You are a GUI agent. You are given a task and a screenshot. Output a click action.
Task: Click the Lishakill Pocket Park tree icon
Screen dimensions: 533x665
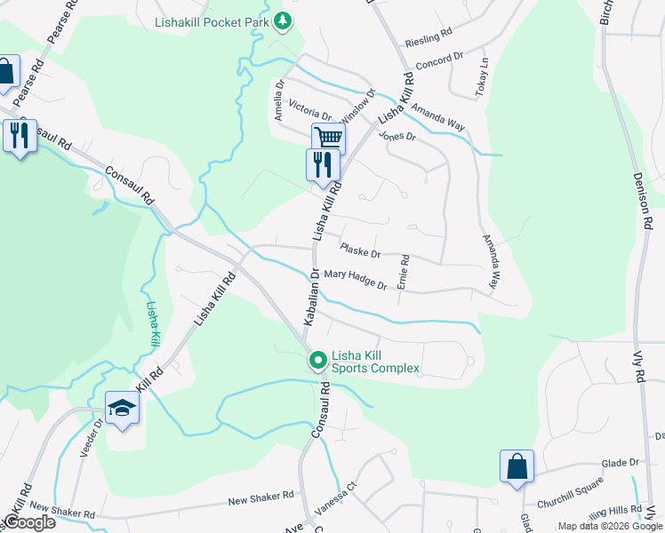pos(283,20)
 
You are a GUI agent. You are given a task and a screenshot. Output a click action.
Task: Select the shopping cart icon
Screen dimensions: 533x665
pos(328,138)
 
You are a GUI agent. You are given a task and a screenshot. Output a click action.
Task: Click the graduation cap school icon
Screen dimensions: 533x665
pos(122,407)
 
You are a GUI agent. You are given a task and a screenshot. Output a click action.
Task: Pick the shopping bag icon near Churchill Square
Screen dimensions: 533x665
pos(517,466)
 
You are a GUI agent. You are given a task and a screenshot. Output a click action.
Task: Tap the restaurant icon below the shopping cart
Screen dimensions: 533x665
pos(322,164)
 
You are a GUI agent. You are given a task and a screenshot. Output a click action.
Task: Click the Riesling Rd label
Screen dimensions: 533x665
pos(429,42)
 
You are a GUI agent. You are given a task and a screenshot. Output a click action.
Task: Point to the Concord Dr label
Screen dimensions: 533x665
pos(441,60)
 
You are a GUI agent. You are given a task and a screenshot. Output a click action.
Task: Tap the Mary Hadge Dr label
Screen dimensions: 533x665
pos(355,280)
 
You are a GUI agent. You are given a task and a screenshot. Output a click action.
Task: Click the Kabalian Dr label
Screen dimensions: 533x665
pos(313,298)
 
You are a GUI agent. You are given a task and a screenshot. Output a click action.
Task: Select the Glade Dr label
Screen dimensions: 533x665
pos(621,463)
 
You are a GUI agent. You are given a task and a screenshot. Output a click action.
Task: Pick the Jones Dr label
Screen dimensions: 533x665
pos(397,137)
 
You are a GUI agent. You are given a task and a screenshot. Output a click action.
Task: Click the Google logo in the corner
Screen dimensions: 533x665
pos(29,522)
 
